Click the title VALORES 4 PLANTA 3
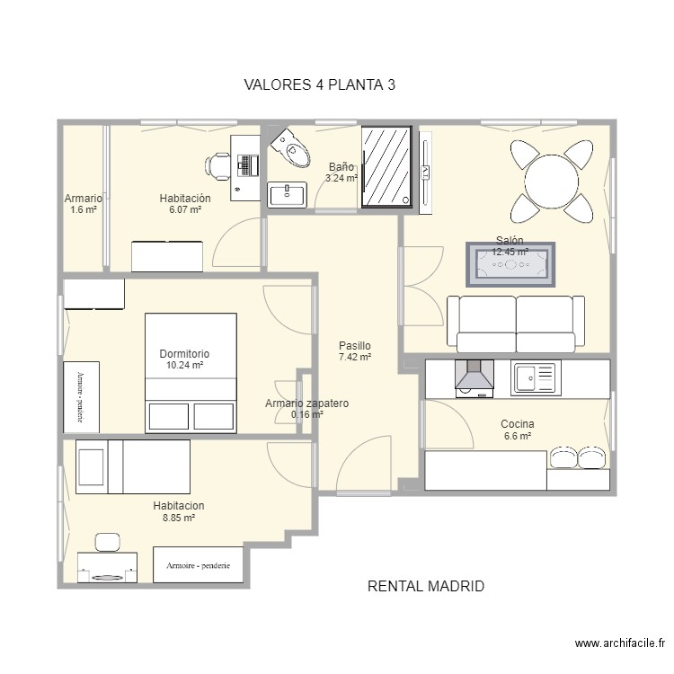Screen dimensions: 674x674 (320, 85)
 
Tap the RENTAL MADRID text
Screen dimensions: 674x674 (426, 586)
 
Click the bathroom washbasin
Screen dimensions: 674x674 (288, 192)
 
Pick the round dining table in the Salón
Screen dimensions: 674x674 (553, 182)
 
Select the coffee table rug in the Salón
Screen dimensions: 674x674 (510, 264)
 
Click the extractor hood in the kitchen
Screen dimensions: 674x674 (474, 377)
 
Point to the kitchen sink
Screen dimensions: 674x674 (536, 377)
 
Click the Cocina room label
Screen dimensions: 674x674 (518, 424)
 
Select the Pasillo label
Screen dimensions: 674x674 (355, 345)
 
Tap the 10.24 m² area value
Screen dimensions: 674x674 (185, 366)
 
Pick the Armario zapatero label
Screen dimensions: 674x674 (306, 404)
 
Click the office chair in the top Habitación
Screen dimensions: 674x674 (219, 165)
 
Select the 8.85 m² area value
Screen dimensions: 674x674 (178, 519)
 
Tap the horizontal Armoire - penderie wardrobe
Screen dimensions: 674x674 (199, 565)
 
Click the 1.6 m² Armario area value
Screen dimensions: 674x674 (83, 210)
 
